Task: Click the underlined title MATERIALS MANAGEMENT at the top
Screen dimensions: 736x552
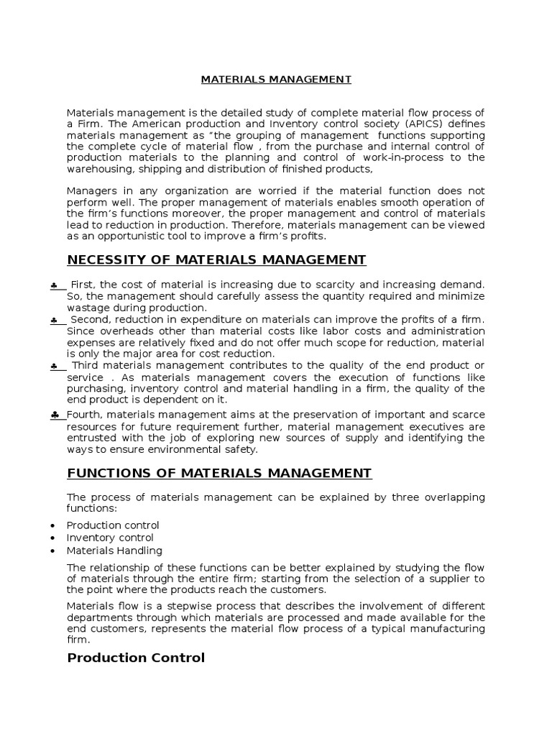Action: (x=276, y=80)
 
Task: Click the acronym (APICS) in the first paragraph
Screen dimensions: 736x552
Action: (x=374, y=124)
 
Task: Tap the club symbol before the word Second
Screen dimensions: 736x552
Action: (x=55, y=320)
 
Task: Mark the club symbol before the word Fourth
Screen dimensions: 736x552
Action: (x=55, y=415)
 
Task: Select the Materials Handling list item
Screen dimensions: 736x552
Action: (x=114, y=551)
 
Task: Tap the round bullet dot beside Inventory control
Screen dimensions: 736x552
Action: (x=55, y=538)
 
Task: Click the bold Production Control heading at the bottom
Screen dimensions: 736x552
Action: (x=136, y=658)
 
